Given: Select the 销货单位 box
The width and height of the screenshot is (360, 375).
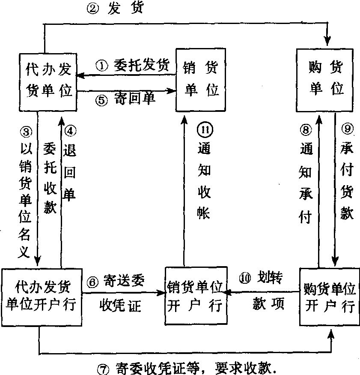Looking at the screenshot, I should [x=201, y=80].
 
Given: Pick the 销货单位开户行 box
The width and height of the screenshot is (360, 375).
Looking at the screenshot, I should [x=195, y=296].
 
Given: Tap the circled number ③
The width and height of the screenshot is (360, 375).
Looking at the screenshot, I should [x=25, y=131].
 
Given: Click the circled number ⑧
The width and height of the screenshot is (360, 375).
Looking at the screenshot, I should [x=305, y=129].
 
